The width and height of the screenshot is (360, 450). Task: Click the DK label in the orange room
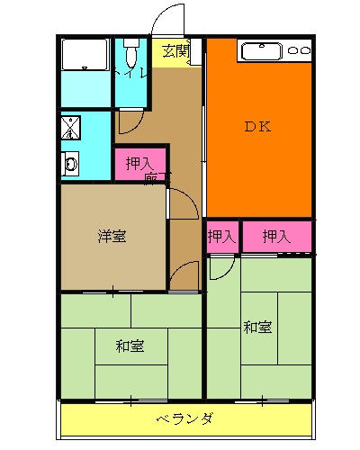257,127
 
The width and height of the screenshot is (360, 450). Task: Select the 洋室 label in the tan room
112,237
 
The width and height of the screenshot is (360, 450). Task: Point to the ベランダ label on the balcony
184,418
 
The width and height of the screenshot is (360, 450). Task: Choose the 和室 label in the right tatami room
257,326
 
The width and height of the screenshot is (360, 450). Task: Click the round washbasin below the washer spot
70,165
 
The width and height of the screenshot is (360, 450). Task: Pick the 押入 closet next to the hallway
138,165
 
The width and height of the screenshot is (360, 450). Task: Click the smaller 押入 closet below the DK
221,237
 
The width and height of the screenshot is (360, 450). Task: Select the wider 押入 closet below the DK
276,237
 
